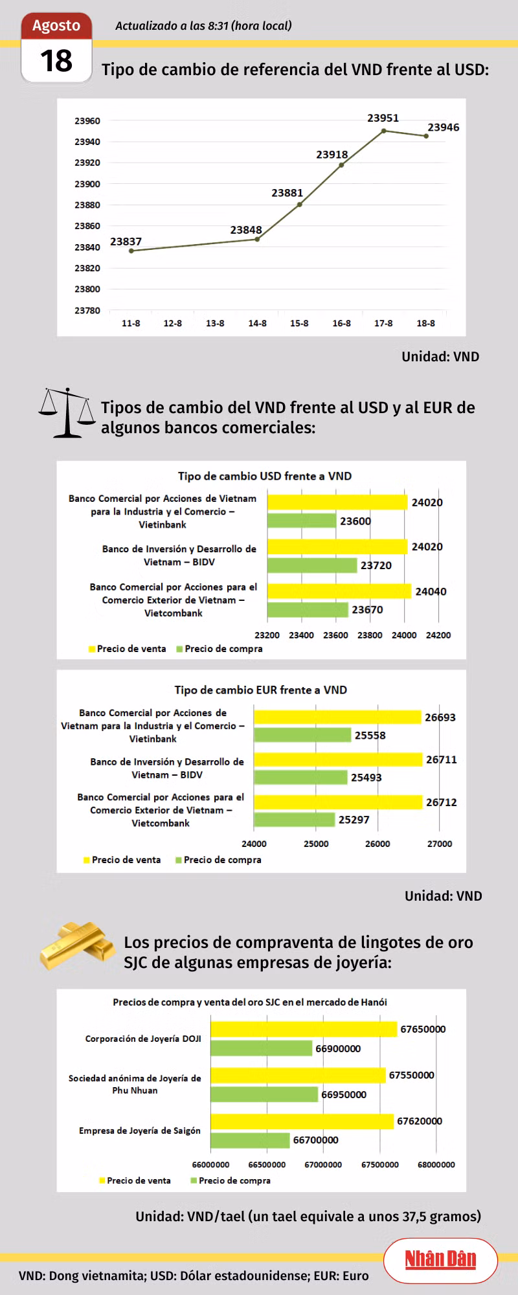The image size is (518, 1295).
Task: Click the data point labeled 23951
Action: point(384,131)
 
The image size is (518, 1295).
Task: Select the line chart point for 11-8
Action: point(131,251)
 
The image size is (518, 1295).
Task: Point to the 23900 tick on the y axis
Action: point(87,184)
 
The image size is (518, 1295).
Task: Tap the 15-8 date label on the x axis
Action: point(299,323)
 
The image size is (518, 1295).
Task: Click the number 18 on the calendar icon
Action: point(56,61)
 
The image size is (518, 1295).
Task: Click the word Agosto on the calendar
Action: point(56,26)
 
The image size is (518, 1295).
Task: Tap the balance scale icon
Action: point(67,412)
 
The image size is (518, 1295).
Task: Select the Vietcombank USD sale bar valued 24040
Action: point(339,591)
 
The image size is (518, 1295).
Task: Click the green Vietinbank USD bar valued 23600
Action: point(302,521)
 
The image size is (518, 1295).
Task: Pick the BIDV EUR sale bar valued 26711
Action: point(338,760)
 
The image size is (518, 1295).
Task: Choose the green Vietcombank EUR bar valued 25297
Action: point(295,820)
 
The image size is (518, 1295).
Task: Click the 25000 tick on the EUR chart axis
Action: point(316,844)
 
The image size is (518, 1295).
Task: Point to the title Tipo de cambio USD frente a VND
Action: point(265,476)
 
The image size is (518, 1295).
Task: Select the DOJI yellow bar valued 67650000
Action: point(304,1029)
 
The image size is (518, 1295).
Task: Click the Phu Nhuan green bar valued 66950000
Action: point(264,1094)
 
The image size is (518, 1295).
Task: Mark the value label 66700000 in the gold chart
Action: point(316,1140)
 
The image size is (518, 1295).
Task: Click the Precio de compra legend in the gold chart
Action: point(231,1180)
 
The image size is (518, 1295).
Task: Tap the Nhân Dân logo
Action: point(440,1259)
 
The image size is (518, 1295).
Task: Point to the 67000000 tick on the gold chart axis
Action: point(323,1164)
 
